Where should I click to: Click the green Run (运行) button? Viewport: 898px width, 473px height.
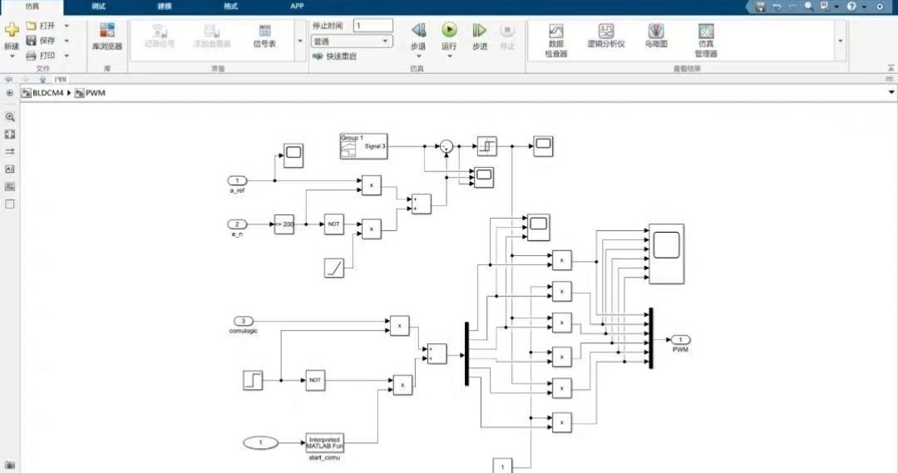pos(449,31)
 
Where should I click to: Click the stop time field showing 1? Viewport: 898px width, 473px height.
pos(373,26)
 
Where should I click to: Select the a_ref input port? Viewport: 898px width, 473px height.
pos(238,180)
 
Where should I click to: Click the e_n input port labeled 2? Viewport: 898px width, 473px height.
pos(238,224)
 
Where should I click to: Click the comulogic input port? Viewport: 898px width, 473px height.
pos(243,321)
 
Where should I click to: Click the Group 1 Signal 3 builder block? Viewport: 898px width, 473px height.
pos(363,145)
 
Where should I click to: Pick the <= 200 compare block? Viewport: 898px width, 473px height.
pos(284,224)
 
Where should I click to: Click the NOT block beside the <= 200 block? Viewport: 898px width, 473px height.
pos(333,224)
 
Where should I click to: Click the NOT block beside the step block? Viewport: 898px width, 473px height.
pos(314,380)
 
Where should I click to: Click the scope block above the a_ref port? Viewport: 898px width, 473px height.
pos(294,152)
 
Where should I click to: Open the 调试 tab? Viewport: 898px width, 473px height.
pos(99,6)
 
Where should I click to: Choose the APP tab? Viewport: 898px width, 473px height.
pos(297,6)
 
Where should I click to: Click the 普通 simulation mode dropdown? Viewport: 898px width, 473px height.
pos(351,41)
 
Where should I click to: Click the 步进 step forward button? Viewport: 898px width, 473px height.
pos(480,36)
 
